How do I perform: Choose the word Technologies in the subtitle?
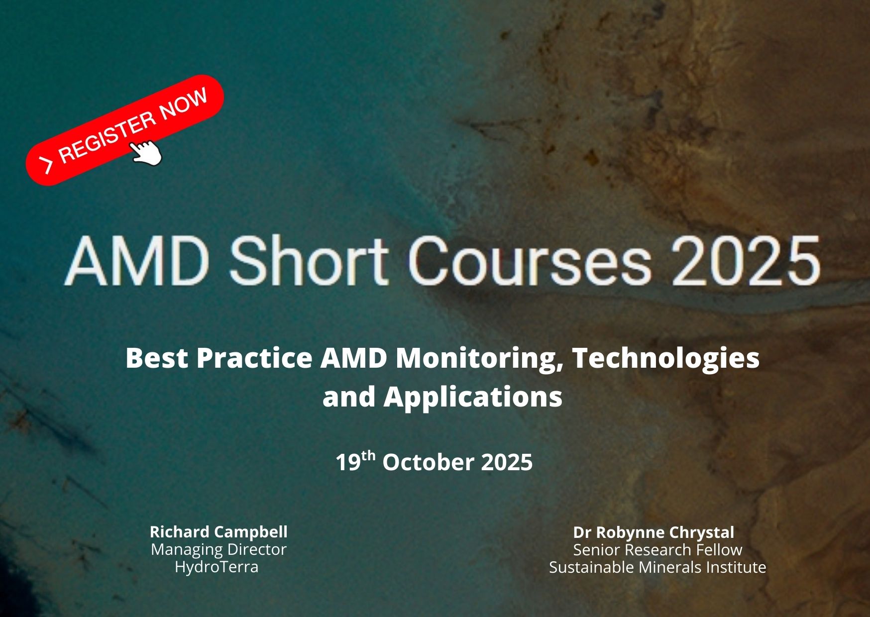tap(666, 359)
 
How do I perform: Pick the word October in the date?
tap(428, 462)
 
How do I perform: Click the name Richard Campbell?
tap(218, 532)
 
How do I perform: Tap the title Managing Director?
tap(218, 550)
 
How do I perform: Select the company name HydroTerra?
tap(217, 567)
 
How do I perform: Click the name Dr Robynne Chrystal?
tap(653, 533)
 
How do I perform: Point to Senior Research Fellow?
tap(657, 550)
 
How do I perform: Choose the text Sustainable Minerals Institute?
tap(657, 567)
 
